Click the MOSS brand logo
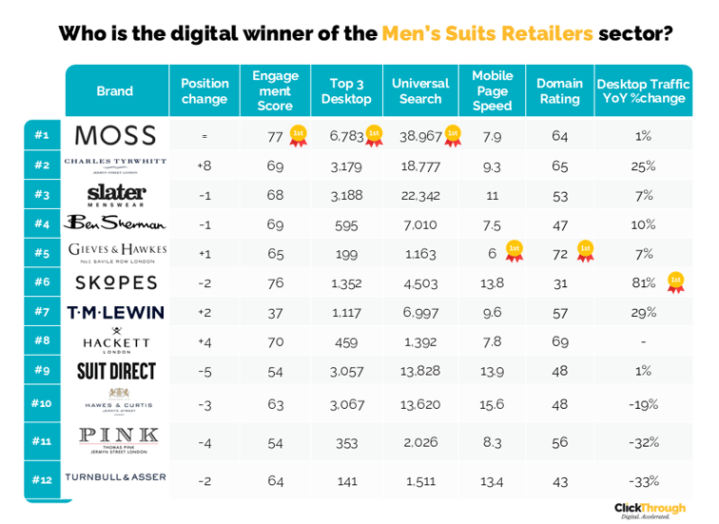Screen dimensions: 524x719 tap(115, 135)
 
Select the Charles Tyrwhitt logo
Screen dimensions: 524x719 tap(115, 164)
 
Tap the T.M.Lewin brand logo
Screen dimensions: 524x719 tap(115, 313)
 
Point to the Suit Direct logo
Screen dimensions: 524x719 tap(116, 371)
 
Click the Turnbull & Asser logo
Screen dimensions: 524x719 tap(115, 477)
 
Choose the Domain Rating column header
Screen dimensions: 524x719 tap(559, 91)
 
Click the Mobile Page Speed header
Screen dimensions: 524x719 tap(492, 91)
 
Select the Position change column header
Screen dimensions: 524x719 tap(204, 91)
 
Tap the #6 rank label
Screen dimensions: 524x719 tap(42, 282)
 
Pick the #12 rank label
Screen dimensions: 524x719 tap(42, 480)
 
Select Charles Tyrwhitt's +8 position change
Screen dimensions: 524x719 tap(204, 165)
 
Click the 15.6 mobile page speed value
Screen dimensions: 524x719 tap(492, 404)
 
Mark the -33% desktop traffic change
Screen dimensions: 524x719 tap(644, 480)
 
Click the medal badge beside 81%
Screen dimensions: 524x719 tap(675, 282)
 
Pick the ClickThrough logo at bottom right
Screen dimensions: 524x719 tap(651, 510)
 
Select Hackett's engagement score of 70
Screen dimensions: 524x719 tap(275, 340)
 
